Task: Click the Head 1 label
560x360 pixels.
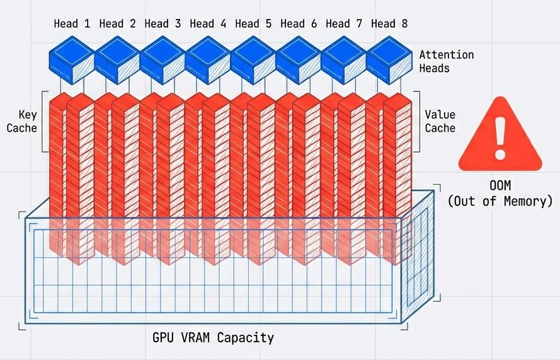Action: [x=72, y=24]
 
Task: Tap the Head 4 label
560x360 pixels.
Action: [x=208, y=24]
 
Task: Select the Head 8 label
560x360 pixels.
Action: [x=389, y=24]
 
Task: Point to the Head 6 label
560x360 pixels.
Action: [x=299, y=24]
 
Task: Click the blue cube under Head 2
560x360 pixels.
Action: [x=117, y=59]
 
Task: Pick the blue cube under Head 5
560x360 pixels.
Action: [x=253, y=59]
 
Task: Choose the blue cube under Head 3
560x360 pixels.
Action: [x=163, y=59]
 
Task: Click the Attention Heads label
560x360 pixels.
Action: [x=446, y=61]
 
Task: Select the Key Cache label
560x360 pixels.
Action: [x=22, y=121]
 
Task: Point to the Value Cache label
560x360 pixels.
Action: [x=440, y=121]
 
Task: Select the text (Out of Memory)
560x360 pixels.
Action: [x=500, y=201]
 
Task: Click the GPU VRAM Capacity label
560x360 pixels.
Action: [x=213, y=337]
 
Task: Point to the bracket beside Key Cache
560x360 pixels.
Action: [x=43, y=121]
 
